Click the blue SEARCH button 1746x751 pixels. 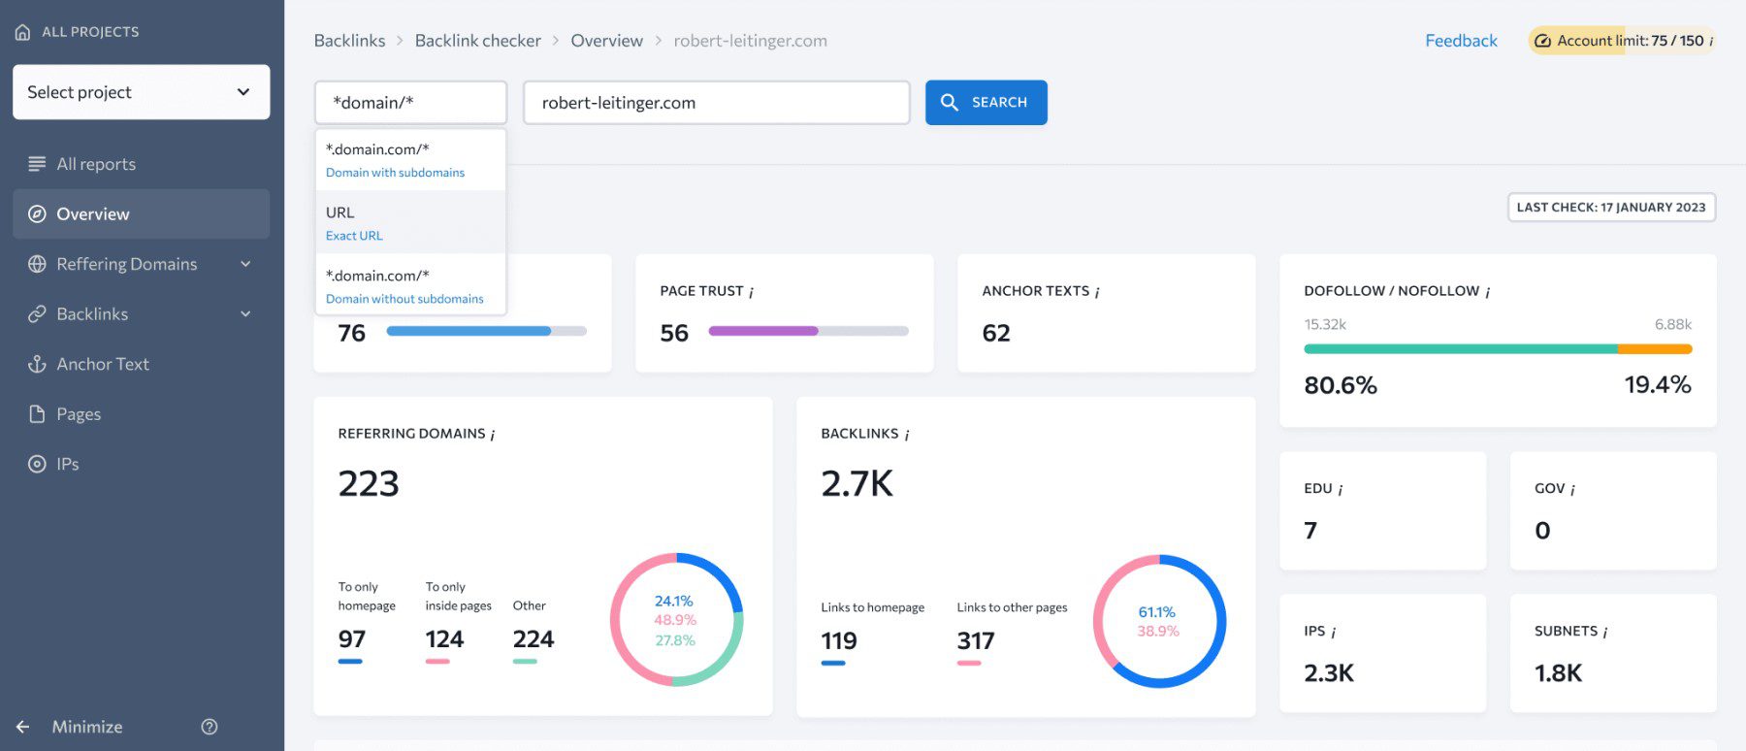tap(986, 102)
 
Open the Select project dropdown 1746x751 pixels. tap(141, 92)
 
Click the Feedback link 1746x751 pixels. tap(1461, 41)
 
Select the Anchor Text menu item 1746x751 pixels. tap(102, 364)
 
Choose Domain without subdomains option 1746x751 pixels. tap(404, 287)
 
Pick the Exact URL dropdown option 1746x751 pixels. tap(355, 223)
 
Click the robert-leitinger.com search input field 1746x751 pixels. tap(716, 103)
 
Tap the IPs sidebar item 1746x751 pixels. tap(67, 464)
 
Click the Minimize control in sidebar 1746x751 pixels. tap(86, 727)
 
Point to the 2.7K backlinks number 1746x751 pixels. tap(857, 483)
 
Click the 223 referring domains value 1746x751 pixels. tap(369, 483)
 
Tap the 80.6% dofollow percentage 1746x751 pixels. tap(1341, 385)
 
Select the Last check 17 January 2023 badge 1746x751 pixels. tap(1611, 208)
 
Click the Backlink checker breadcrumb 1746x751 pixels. tap(477, 41)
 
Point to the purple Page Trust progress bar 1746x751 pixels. tap(762, 331)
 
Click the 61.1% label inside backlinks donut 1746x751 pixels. tap(1156, 612)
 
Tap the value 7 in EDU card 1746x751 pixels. tap(1310, 531)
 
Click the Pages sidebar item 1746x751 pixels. tap(78, 414)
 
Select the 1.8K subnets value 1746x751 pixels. tap(1558, 673)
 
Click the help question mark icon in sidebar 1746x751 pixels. tap(210, 727)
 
